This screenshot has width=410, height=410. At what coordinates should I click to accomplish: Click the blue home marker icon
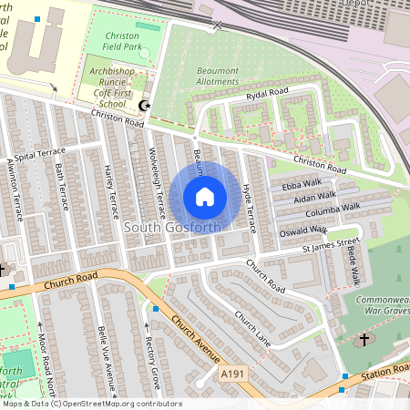[x=205, y=196]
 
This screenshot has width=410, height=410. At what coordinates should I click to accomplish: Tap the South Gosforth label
[x=171, y=227]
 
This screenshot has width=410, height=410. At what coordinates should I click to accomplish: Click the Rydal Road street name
[x=265, y=97]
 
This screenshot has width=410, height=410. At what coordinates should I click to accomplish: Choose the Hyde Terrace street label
[x=249, y=197]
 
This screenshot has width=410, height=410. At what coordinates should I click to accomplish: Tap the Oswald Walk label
[x=304, y=231]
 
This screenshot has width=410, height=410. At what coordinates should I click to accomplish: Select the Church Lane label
[x=252, y=330]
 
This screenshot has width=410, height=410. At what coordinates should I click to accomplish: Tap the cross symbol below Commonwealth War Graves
[x=364, y=339]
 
